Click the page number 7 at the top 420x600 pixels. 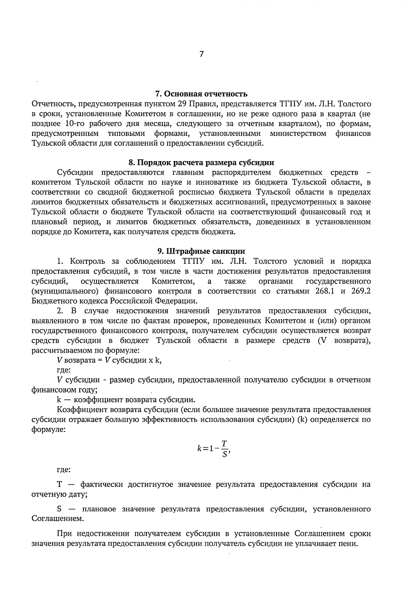[202, 54]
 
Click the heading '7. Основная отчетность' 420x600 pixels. [201, 94]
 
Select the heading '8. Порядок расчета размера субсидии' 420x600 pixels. [201, 163]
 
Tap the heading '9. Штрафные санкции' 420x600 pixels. [201, 251]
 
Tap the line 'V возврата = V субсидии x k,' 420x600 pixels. [109, 360]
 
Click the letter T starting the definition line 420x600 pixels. [59, 485]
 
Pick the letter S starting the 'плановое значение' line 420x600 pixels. [59, 509]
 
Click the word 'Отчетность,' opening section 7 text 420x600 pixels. [53, 104]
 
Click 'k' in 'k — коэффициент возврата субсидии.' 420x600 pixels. [58, 400]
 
